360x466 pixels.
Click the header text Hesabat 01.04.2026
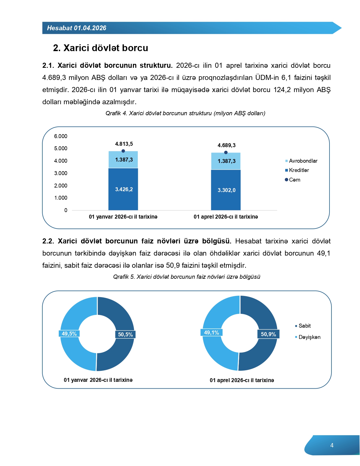pyautogui.click(x=77, y=28)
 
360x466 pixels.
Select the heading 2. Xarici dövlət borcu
pyautogui.click(x=101, y=48)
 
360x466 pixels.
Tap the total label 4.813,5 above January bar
pyautogui.click(x=124, y=144)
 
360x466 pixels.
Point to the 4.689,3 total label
pyautogui.click(x=226, y=145)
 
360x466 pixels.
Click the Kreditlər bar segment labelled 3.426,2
pyautogui.click(x=123, y=189)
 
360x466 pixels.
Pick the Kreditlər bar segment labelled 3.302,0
pyautogui.click(x=226, y=190)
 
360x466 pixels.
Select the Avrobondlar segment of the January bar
pyautogui.click(x=123, y=160)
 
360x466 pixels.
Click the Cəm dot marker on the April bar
pyautogui.click(x=226, y=153)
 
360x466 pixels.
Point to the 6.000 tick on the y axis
pyautogui.click(x=61, y=136)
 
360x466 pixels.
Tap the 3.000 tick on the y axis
pyautogui.click(x=61, y=173)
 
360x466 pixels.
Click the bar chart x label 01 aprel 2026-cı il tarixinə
pyautogui.click(x=226, y=217)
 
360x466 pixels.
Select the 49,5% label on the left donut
pyautogui.click(x=69, y=334)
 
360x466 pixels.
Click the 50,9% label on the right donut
pyautogui.click(x=268, y=334)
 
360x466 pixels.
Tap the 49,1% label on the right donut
pyautogui.click(x=211, y=333)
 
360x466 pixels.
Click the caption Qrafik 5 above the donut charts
pyautogui.click(x=187, y=277)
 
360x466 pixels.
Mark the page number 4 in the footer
pyautogui.click(x=332, y=445)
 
